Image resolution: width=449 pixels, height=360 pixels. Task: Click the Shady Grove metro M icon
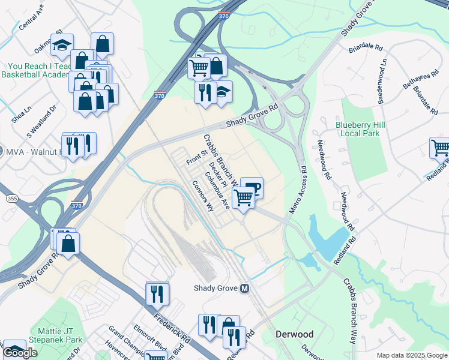tap(244, 288)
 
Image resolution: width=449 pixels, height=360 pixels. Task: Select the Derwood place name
tap(294, 334)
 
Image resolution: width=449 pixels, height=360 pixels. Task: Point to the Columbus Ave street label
tap(217, 190)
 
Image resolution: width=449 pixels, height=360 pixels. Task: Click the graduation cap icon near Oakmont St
tap(62, 45)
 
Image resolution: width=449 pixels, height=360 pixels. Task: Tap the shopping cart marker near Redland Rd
tap(441, 148)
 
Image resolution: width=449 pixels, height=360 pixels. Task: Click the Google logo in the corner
tap(20, 353)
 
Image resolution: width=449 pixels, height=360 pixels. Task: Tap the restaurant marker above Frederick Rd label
tap(157, 293)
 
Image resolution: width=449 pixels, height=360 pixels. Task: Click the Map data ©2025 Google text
tap(412, 355)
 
